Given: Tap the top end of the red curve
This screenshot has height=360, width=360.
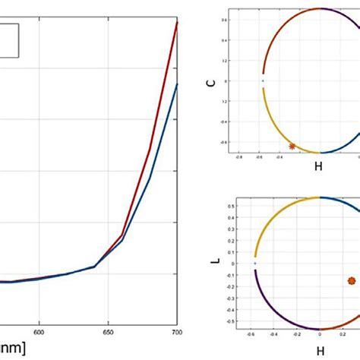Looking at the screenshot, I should click(x=177, y=22).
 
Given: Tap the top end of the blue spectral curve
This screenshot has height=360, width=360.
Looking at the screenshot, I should click(x=177, y=84).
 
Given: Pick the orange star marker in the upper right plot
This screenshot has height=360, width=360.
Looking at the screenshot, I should click(x=292, y=146).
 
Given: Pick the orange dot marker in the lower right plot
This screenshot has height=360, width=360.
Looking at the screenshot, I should click(x=351, y=280).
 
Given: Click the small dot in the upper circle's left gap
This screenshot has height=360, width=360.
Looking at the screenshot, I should click(x=263, y=80).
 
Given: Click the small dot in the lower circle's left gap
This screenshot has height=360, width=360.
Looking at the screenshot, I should click(x=254, y=264).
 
